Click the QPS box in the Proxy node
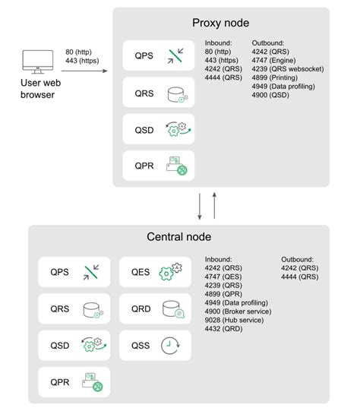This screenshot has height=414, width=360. (x=158, y=56)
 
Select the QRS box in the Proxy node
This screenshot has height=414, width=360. (x=158, y=93)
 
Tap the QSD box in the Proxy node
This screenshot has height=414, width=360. (x=158, y=129)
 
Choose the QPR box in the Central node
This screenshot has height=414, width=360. (x=74, y=382)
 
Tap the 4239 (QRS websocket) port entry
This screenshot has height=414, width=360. (x=287, y=68)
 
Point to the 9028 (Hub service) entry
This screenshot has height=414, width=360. (x=232, y=319)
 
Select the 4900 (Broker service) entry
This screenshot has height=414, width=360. (x=238, y=311)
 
